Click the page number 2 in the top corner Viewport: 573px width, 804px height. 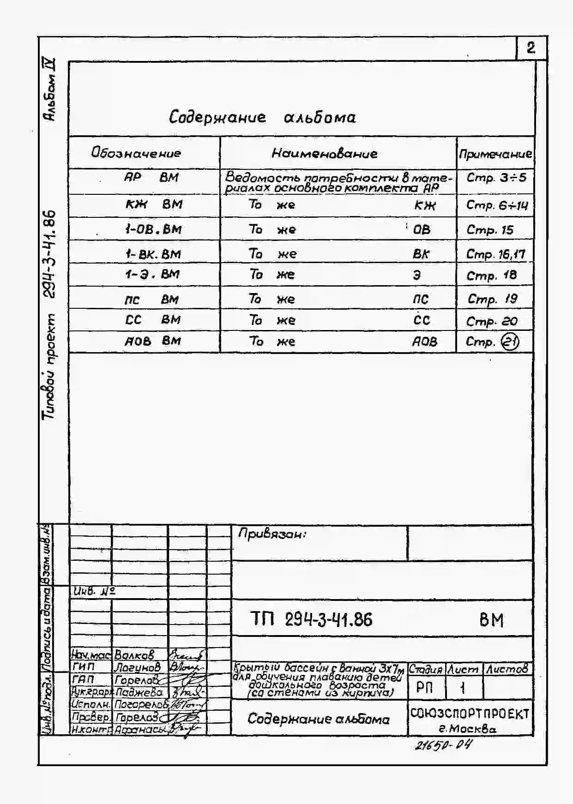tap(531, 48)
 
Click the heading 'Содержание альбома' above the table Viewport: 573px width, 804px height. tap(262, 117)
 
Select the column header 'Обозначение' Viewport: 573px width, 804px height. tap(136, 153)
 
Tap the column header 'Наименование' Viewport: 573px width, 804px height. tap(324, 153)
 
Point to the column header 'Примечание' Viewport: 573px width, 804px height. tap(495, 154)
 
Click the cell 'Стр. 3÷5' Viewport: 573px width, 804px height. tap(496, 178)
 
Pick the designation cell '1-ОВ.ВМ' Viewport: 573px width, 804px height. tap(153, 229)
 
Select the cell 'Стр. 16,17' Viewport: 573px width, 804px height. tap(495, 254)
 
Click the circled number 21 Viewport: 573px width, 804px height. tap(510, 342)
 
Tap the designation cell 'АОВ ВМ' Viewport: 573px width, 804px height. tap(152, 341)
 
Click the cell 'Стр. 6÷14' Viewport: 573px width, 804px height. tap(496, 205)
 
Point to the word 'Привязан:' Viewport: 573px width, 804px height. tap(272, 534)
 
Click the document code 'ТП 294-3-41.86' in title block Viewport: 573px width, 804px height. tap(311, 619)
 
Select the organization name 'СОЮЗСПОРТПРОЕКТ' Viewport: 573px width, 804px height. tap(470, 714)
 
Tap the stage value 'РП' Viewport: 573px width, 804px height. tap(424, 688)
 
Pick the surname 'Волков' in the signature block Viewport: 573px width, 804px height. tap(134, 654)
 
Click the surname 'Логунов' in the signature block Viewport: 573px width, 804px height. tap(137, 666)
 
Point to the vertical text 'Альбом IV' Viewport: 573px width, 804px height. tap(50, 90)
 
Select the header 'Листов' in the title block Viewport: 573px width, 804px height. tap(507, 669)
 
